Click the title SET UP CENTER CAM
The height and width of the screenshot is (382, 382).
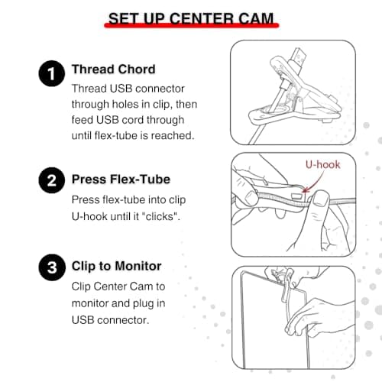click(190, 19)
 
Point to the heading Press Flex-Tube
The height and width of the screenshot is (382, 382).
click(120, 180)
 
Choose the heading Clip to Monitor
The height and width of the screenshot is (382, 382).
click(116, 267)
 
